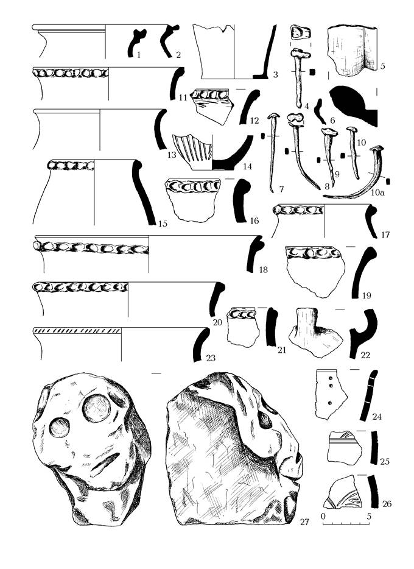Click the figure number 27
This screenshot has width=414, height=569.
coord(304,522)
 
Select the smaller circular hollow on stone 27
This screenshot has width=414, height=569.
coord(60,427)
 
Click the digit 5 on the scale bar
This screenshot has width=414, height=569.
coord(369,516)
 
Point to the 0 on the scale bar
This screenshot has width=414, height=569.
coord(324,516)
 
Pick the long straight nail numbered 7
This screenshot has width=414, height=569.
coord(273,152)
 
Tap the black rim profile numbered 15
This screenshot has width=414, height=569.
coord(142,191)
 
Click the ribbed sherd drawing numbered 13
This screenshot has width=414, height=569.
coord(192,152)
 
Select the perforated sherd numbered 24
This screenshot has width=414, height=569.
coord(330,394)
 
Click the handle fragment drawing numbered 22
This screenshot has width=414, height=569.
coord(314,332)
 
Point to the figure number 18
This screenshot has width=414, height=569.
coord(263,269)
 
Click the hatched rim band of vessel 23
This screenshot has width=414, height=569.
coord(77,331)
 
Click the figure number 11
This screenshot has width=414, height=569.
coord(183,97)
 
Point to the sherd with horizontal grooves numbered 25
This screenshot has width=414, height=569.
coord(344,447)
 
